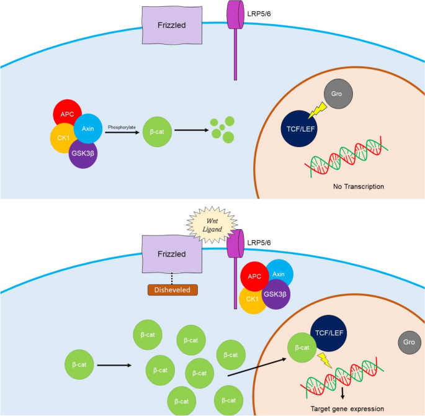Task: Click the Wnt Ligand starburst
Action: coord(212,225)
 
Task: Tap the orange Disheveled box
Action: coord(172,290)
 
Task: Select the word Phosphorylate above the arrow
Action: coord(122,127)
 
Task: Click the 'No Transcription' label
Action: coord(359,186)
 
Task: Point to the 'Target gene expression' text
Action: coord(347,409)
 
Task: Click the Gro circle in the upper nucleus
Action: coord(338,94)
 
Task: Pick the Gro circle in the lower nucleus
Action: coord(409,342)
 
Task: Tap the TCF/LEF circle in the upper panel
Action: coord(298,129)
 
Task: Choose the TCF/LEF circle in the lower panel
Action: coord(329,333)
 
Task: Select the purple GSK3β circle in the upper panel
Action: coord(83,154)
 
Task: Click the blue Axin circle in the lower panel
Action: coord(280,273)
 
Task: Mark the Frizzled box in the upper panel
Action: coord(172,25)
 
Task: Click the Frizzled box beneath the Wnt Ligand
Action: coord(172,254)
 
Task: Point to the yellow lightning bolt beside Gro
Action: coord(318,111)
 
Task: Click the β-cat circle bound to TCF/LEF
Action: coord(302,347)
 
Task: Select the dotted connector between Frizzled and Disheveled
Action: coord(172,279)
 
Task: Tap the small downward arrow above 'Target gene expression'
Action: coord(342,393)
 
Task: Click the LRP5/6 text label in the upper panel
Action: coord(259,14)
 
